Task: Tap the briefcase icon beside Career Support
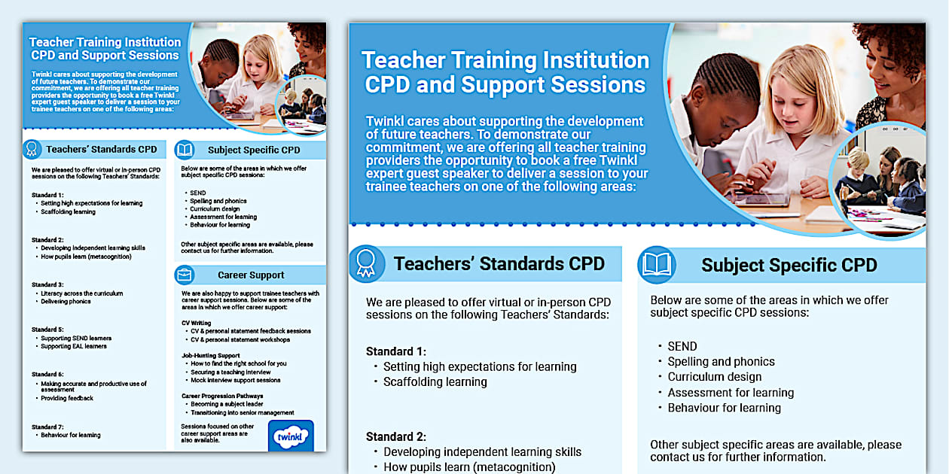pyautogui.click(x=185, y=275)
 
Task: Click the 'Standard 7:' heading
pyautogui.click(x=47, y=427)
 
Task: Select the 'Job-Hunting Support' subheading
pyautogui.click(x=211, y=355)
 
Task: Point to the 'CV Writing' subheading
pyautogui.click(x=197, y=323)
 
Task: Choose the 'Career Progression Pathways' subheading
pyautogui.click(x=222, y=396)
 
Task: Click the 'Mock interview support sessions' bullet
pyautogui.click(x=235, y=380)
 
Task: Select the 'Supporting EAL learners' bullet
pyautogui.click(x=74, y=346)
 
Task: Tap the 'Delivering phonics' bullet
pyautogui.click(x=66, y=302)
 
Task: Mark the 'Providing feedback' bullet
pyautogui.click(x=67, y=398)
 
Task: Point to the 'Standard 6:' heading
pyautogui.click(x=47, y=374)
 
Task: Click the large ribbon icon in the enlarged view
pyautogui.click(x=366, y=263)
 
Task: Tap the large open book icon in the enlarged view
pyautogui.click(x=656, y=264)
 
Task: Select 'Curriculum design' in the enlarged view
pyautogui.click(x=714, y=377)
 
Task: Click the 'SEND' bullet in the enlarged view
pyautogui.click(x=682, y=346)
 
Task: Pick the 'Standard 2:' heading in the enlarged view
pyautogui.click(x=396, y=436)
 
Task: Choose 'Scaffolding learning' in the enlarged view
pyautogui.click(x=435, y=381)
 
